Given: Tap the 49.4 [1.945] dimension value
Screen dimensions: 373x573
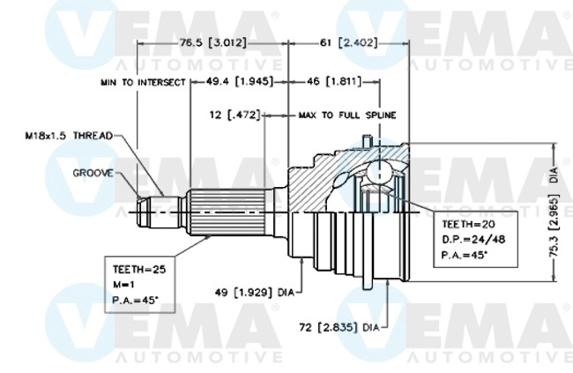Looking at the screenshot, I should click(232, 81).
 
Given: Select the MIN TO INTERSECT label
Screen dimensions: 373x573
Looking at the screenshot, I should click(142, 81).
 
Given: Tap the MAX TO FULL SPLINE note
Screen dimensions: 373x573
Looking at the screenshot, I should click(346, 115).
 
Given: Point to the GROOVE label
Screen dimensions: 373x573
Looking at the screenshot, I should click(92, 174).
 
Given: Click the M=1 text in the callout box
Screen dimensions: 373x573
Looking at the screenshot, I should click(124, 283).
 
